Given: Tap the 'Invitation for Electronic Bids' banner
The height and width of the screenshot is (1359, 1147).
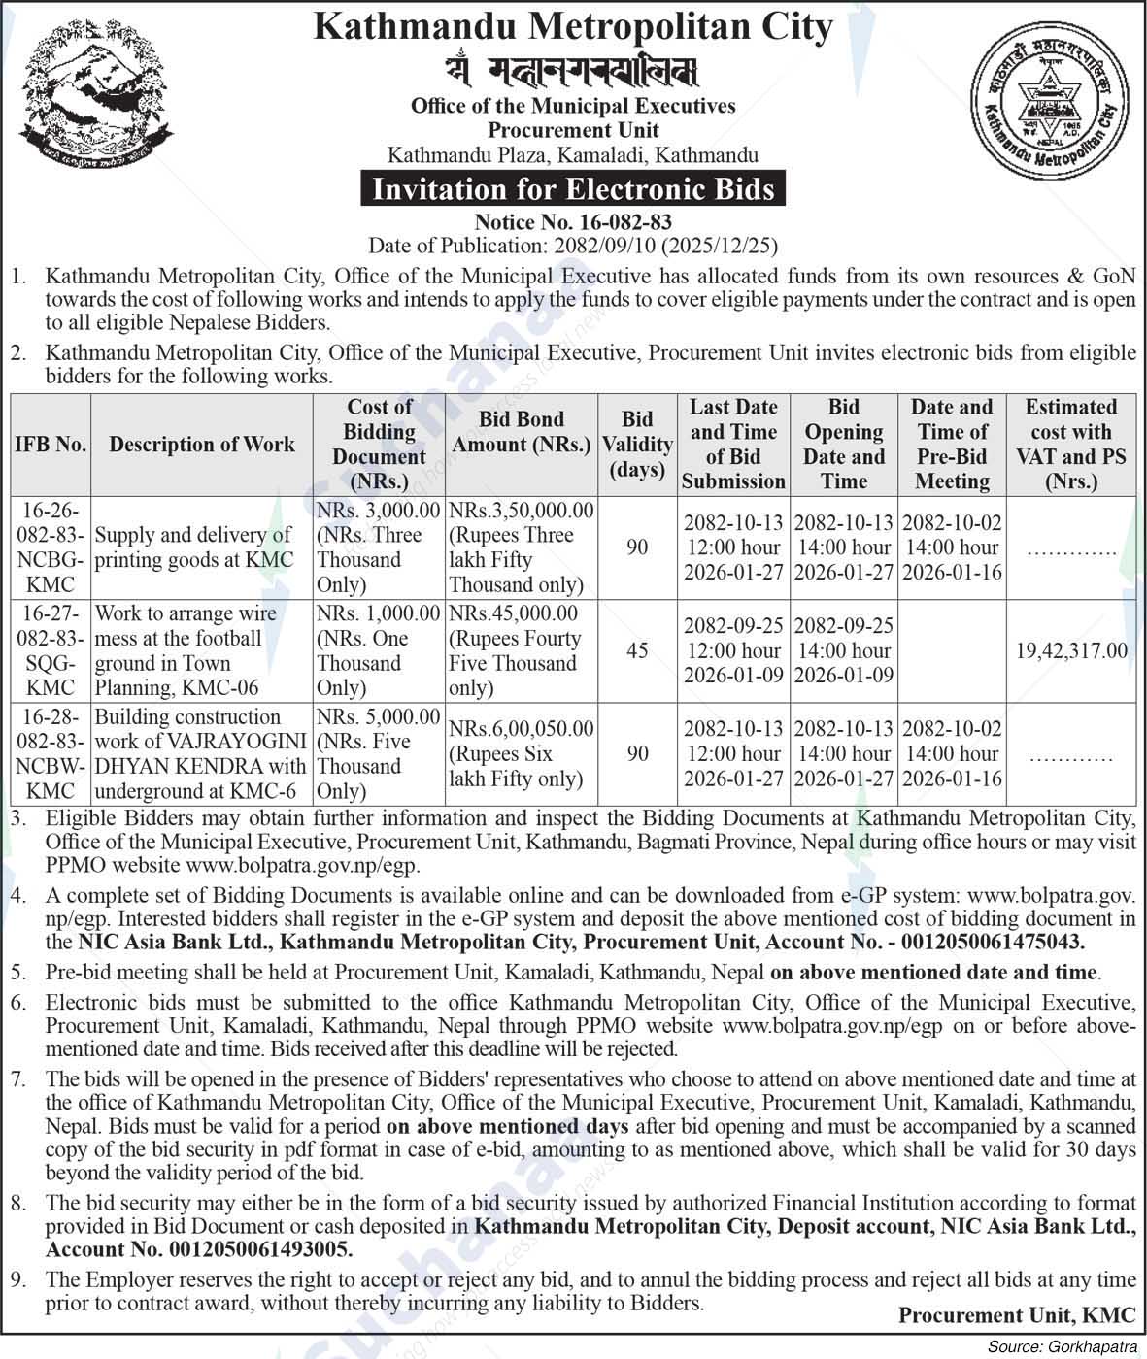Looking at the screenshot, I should (573, 188).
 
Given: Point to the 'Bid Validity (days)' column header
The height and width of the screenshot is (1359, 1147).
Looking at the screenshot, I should (637, 444).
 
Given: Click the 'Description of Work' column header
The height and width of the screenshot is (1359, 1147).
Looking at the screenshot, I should (202, 444).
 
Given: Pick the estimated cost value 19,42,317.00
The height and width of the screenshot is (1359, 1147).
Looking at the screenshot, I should (1071, 650).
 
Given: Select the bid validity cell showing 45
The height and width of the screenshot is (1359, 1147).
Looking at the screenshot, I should (637, 650).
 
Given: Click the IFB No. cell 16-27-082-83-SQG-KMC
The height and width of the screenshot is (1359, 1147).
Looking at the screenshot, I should (51, 650).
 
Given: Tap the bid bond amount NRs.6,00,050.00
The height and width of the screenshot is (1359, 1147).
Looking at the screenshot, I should (522, 728).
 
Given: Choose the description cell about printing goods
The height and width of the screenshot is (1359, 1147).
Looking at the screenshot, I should (194, 547).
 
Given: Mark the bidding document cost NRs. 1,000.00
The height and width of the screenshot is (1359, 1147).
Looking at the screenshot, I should (379, 613).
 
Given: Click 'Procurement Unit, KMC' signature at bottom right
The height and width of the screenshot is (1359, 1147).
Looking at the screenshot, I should (1016, 1315).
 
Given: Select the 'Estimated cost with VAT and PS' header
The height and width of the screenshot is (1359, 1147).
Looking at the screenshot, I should (1071, 444).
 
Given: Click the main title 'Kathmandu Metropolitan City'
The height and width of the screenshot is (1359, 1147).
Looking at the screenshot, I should (573, 26).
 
